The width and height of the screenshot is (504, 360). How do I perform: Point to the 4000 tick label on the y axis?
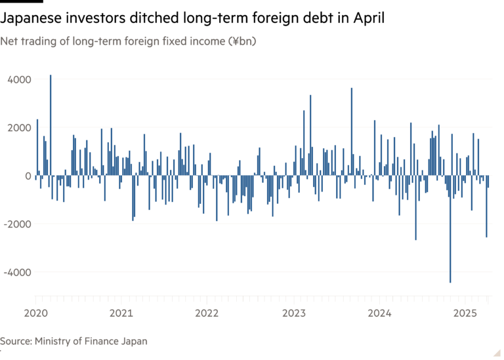click(19, 79)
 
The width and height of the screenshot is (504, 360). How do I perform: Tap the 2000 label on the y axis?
click(19, 127)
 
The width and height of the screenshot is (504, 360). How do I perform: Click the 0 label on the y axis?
click(28, 176)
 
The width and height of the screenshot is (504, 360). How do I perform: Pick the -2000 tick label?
click(17, 224)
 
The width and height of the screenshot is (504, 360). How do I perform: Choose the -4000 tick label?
click(17, 272)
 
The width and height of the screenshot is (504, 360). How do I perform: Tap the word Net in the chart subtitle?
click(8, 41)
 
